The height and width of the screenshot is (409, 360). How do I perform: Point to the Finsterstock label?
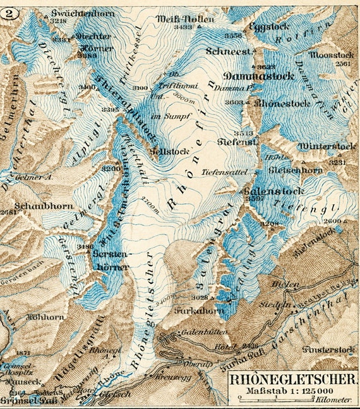pyautogui.click(x=331, y=348)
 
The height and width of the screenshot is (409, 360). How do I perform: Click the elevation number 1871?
pyautogui.click(x=23, y=352)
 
